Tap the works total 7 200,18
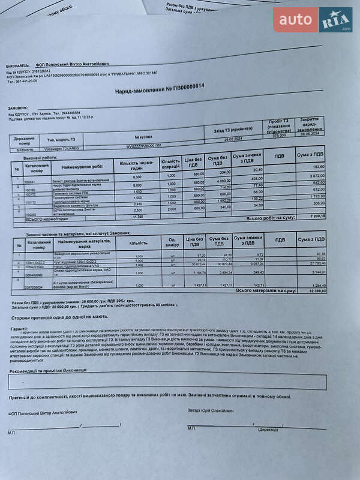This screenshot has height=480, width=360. [314, 216]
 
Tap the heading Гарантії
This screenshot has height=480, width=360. [19, 329]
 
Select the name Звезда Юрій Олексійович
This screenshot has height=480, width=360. [211, 410]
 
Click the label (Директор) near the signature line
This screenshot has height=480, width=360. [268, 430]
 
